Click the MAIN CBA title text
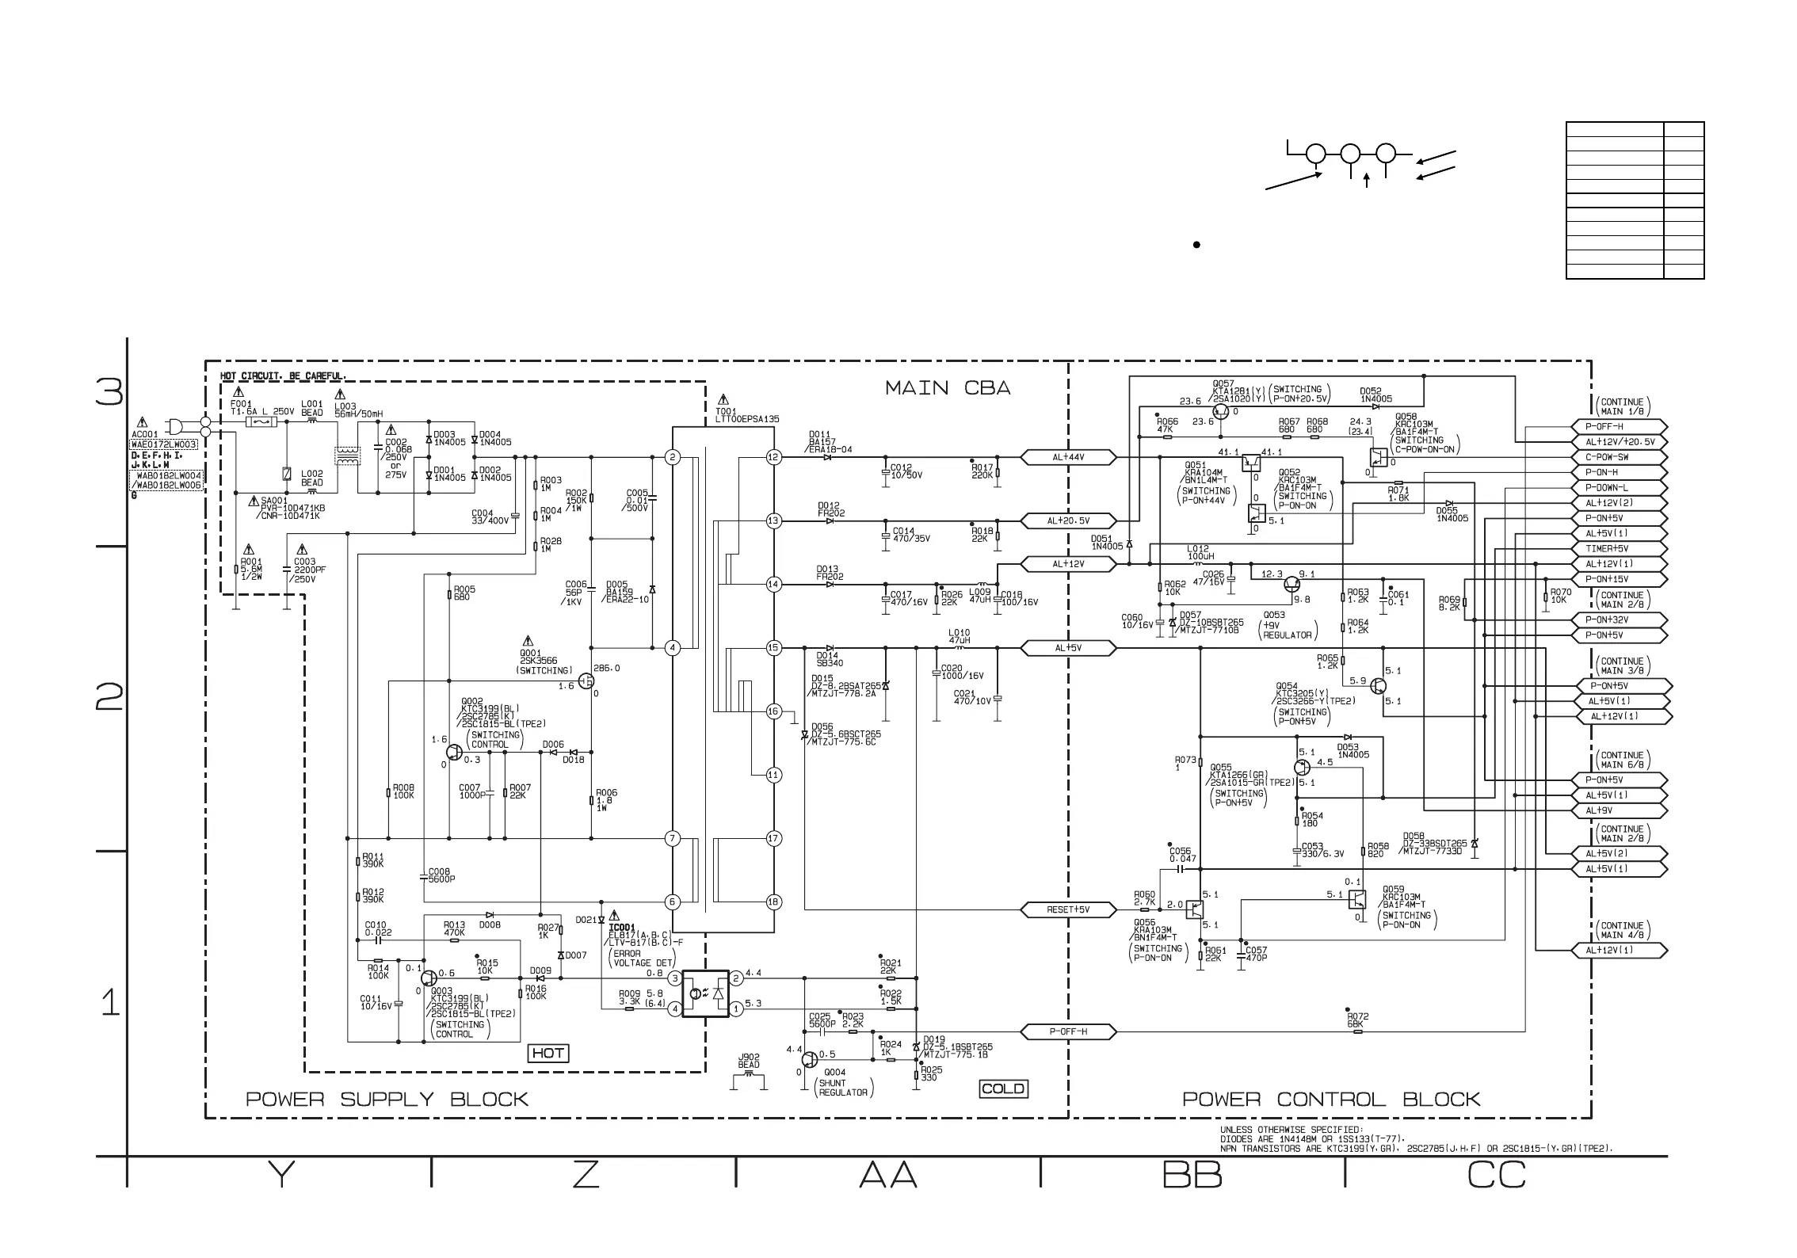[x=948, y=388]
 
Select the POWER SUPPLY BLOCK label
[x=387, y=1099]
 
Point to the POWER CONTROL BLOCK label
[x=1331, y=1099]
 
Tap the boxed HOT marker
[x=548, y=1053]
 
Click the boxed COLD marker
[x=1003, y=1088]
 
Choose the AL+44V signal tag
[x=1068, y=457]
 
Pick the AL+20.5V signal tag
[x=1068, y=520]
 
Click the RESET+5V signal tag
[x=1068, y=909]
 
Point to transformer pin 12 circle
[x=774, y=457]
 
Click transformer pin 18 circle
[x=774, y=902]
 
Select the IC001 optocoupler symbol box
[x=705, y=993]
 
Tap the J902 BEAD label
[x=749, y=1061]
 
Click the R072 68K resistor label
[x=1357, y=1020]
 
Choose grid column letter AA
[x=888, y=1176]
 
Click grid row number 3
[x=109, y=392]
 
